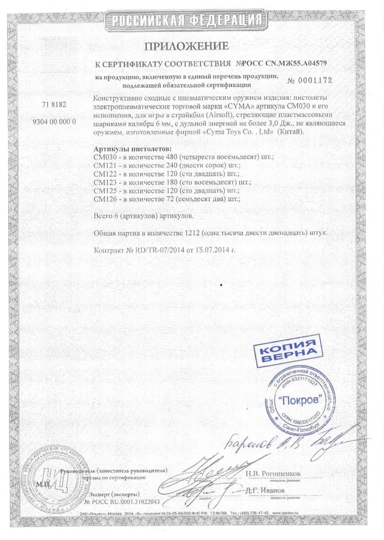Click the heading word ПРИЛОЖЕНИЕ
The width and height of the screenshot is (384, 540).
tap(186, 47)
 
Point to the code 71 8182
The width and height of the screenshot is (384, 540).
tap(55, 105)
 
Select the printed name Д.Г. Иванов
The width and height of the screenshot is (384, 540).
tap(266, 489)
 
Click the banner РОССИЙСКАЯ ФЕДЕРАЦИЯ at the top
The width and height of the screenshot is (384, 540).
tap(186, 21)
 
